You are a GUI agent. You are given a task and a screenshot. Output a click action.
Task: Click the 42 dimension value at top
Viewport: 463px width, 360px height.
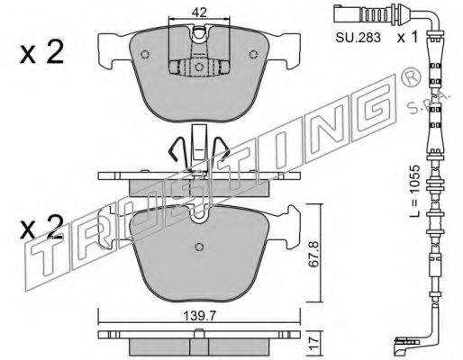[x=199, y=13]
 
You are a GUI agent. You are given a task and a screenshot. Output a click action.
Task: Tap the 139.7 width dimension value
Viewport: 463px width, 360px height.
[x=199, y=316]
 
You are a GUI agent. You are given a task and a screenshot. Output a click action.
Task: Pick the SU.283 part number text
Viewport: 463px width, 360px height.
[x=358, y=38]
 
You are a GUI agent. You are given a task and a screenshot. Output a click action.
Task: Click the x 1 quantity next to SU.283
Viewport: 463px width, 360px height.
[x=407, y=37]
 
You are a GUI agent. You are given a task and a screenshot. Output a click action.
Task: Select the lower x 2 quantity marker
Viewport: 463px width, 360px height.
[x=41, y=227]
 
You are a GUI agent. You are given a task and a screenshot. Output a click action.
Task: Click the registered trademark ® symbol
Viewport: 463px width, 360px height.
[x=411, y=79]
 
